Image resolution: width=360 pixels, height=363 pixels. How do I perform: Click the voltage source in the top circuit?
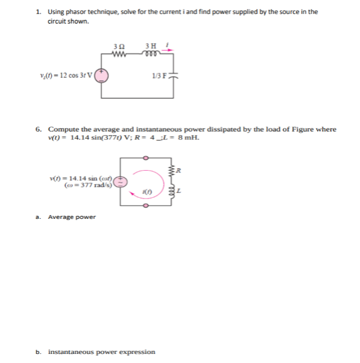(102, 75)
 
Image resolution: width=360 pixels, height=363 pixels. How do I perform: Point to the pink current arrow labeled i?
(169, 49)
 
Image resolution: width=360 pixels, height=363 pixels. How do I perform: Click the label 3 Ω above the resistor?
(119, 45)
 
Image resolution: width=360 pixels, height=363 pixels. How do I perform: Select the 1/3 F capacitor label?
(160, 74)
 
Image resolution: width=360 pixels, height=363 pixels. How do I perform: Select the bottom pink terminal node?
(145, 204)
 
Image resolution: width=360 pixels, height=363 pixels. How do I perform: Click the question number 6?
(39, 129)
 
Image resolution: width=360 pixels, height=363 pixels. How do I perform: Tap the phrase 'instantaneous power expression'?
(101, 352)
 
